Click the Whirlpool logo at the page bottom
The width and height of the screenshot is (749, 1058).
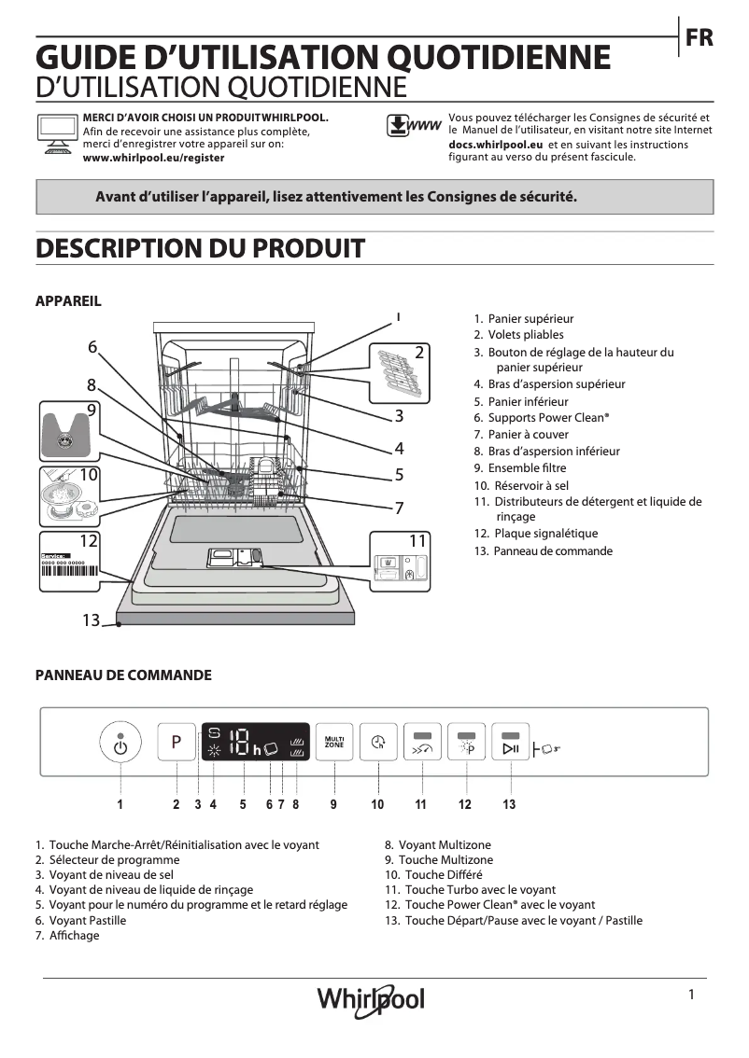click(x=371, y=999)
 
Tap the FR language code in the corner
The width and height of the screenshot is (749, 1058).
click(x=699, y=37)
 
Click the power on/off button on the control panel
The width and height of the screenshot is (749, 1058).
click(x=120, y=744)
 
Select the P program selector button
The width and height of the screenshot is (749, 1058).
click(x=176, y=743)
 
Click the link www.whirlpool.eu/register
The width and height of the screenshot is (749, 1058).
click(x=154, y=159)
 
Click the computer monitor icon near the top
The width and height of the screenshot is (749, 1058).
click(x=56, y=132)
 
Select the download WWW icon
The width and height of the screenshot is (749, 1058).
click(x=413, y=127)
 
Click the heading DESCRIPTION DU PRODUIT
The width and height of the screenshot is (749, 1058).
click(x=200, y=248)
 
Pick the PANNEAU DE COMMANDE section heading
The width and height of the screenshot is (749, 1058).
click(x=123, y=675)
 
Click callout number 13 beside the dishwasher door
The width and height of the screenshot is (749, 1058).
click(x=90, y=619)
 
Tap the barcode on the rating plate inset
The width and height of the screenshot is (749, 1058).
click(x=67, y=571)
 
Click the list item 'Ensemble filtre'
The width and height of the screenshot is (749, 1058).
click(x=527, y=468)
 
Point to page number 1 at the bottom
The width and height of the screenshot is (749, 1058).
click(x=691, y=995)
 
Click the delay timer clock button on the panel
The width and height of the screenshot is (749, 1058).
click(x=377, y=743)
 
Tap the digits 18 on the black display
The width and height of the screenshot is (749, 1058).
click(x=239, y=743)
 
